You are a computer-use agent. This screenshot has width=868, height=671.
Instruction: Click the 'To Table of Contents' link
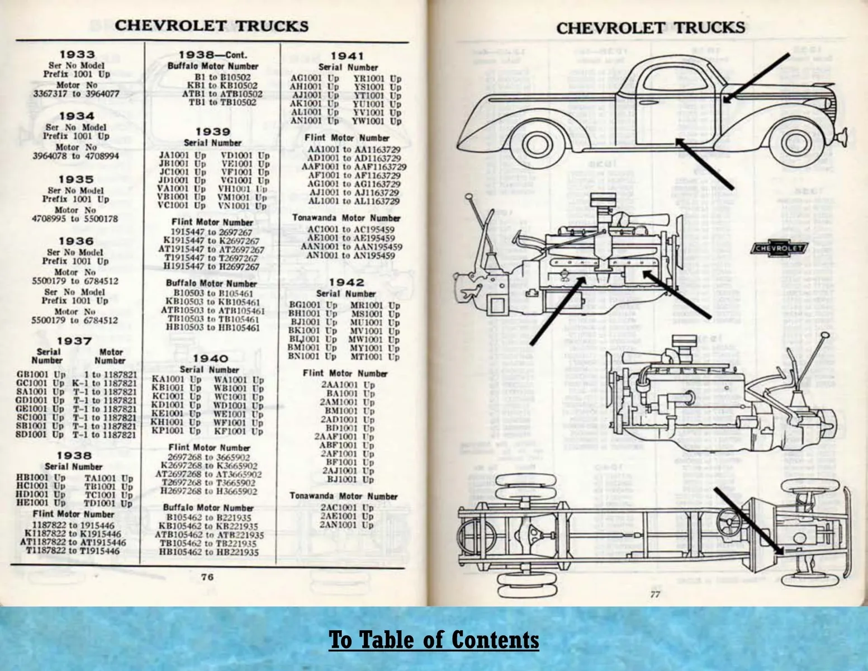[434, 639]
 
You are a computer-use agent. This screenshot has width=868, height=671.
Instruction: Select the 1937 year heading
[74, 341]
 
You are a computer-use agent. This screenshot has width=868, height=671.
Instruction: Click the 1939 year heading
[212, 131]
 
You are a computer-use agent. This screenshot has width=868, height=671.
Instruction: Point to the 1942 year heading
[347, 282]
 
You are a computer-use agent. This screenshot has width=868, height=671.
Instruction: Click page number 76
[207, 577]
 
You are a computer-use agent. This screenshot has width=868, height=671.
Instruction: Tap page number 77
[655, 594]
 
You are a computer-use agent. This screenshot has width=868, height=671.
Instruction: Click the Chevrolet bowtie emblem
[779, 248]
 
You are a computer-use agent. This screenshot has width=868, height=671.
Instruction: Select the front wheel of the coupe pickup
[796, 144]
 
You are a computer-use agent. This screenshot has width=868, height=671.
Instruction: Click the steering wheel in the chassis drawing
[732, 524]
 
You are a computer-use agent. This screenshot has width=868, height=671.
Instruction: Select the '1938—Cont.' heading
[212, 55]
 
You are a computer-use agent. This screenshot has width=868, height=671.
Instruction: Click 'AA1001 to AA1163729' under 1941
[354, 150]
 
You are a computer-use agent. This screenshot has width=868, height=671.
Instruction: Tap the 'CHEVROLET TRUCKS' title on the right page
[650, 27]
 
